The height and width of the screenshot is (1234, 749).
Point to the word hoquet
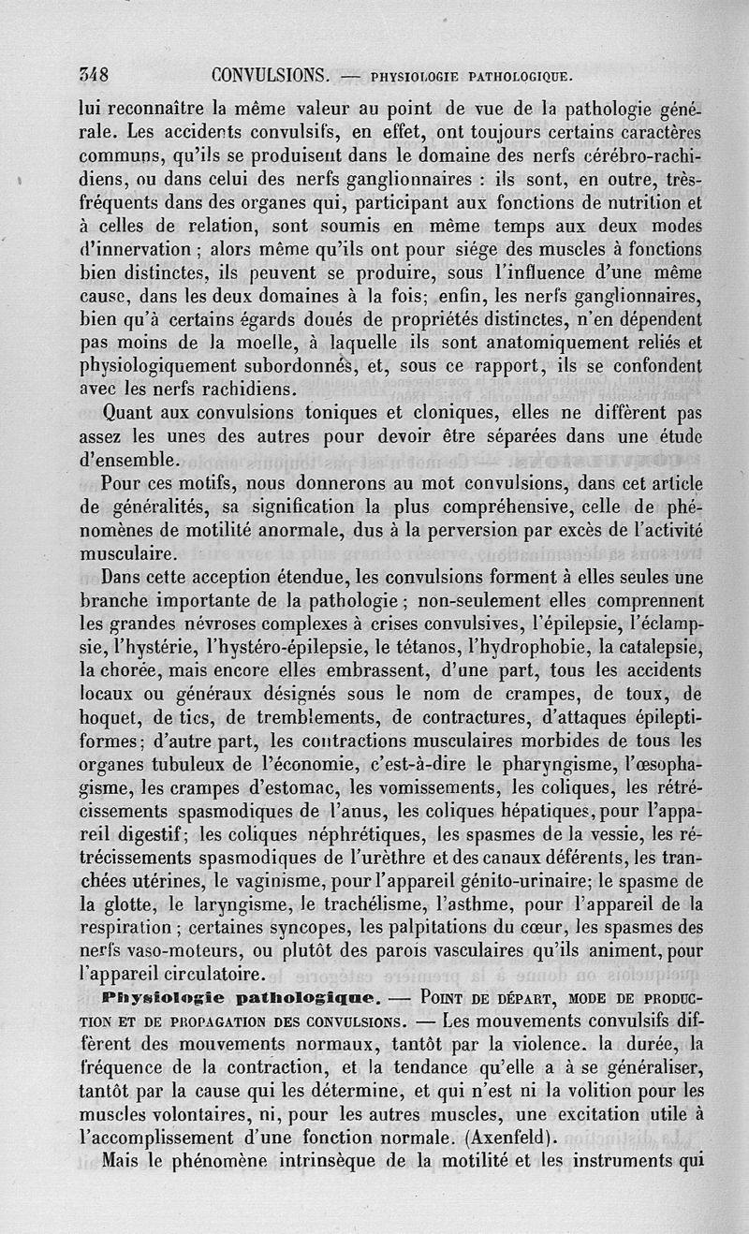click(109, 719)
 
